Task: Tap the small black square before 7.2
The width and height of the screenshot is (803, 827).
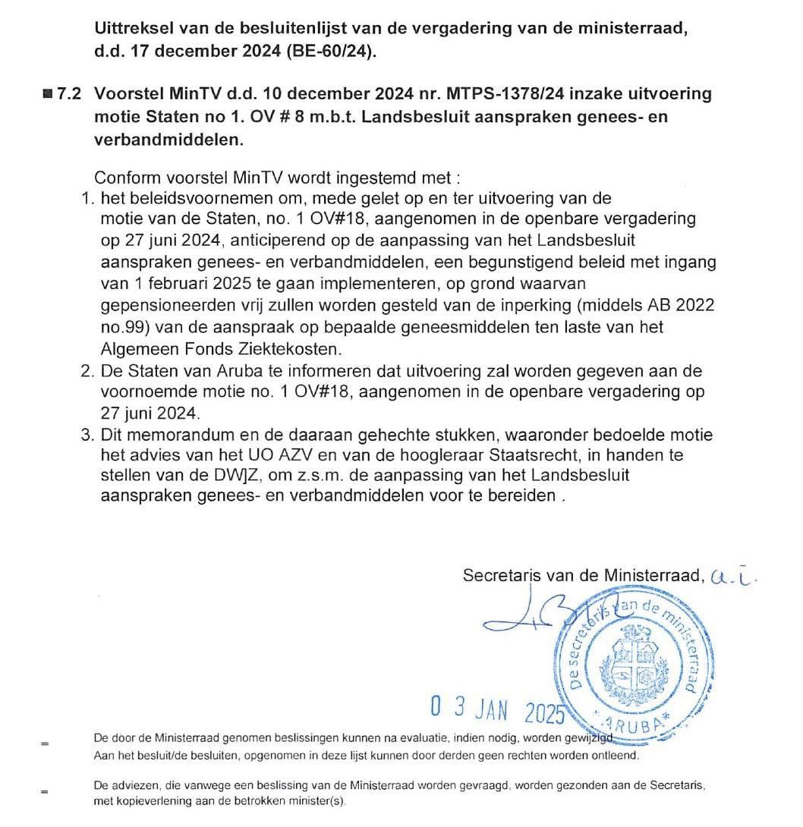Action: (x=48, y=94)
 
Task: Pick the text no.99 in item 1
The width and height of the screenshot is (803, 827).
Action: (x=121, y=327)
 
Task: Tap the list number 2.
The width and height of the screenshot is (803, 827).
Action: (x=86, y=371)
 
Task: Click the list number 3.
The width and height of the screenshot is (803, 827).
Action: (x=86, y=436)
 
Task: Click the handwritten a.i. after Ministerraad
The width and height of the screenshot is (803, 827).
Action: (x=735, y=577)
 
